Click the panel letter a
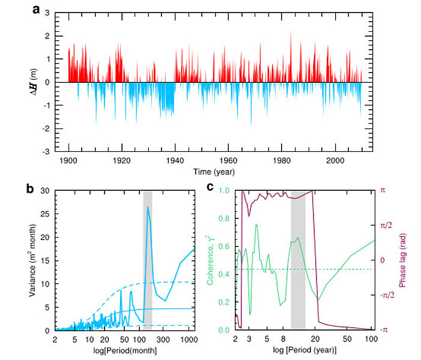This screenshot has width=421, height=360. pyautogui.click(x=37, y=9)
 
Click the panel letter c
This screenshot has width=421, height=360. pyautogui.click(x=210, y=187)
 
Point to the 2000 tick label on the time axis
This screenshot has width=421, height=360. pyautogui.click(x=335, y=161)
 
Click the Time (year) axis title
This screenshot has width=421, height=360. pyautogui.click(x=214, y=172)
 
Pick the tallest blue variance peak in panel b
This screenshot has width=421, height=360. pyautogui.click(x=147, y=207)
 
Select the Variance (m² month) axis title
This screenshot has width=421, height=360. pyautogui.click(x=33, y=260)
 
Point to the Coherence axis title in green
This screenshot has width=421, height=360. pyautogui.click(x=211, y=260)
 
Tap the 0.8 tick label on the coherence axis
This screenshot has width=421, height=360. pyautogui.click(x=225, y=218)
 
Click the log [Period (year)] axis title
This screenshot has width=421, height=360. pyautogui.click(x=304, y=350)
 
